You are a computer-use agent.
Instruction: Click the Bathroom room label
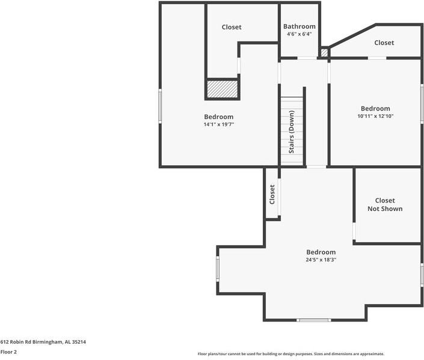coord(300,26)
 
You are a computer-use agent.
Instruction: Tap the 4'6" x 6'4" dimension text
coord(300,34)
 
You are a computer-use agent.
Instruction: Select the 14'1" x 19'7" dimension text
coord(218,124)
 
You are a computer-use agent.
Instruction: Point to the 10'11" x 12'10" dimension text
coord(375,117)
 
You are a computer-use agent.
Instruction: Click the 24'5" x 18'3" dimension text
coord(321,260)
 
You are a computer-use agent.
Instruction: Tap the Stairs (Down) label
coord(292,131)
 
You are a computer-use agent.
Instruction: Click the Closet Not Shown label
coord(385,204)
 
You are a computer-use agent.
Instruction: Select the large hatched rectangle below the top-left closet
coord(223,90)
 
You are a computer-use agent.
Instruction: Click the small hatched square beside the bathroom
coord(324,53)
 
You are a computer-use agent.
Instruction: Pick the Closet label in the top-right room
coord(384,43)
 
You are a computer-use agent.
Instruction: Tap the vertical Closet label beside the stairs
coord(272,194)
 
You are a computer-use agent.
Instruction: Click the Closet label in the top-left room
coord(232,27)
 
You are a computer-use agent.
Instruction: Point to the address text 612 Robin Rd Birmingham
coord(43,342)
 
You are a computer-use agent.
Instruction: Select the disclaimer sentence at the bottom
coord(291,354)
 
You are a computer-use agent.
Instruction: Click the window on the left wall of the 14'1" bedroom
coord(160,106)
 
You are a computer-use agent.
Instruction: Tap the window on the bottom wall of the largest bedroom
coord(314,320)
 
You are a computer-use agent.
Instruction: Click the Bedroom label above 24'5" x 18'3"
coord(321,252)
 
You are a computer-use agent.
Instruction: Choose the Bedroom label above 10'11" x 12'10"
coord(375,109)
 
